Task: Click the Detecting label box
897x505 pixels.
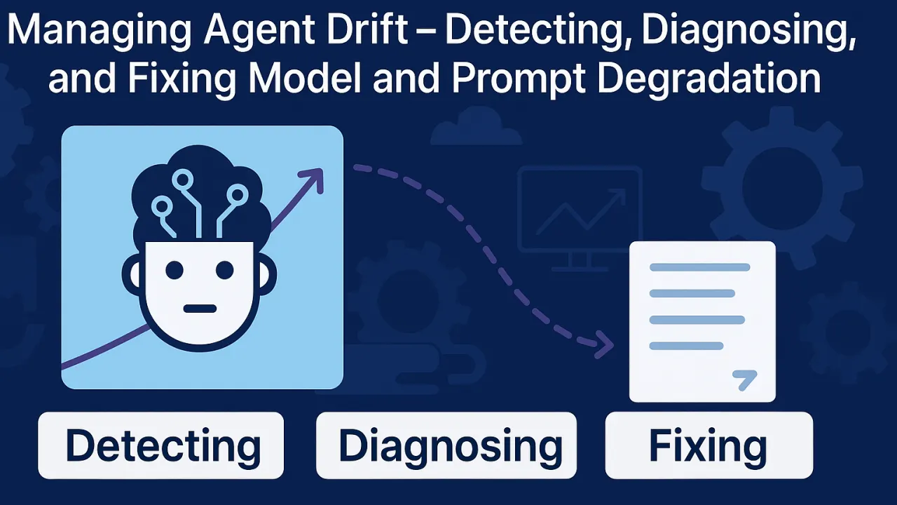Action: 161,445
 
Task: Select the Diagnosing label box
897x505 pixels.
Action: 446,445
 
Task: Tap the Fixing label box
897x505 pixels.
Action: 709,445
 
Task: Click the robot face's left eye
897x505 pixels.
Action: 174,270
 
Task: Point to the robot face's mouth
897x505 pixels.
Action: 200,309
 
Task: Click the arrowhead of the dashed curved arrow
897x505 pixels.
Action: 603,344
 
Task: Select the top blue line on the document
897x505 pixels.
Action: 699,267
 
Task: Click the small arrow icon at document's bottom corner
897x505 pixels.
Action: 744,379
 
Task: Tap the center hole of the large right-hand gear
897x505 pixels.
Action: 782,188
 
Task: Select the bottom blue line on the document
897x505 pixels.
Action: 686,346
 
